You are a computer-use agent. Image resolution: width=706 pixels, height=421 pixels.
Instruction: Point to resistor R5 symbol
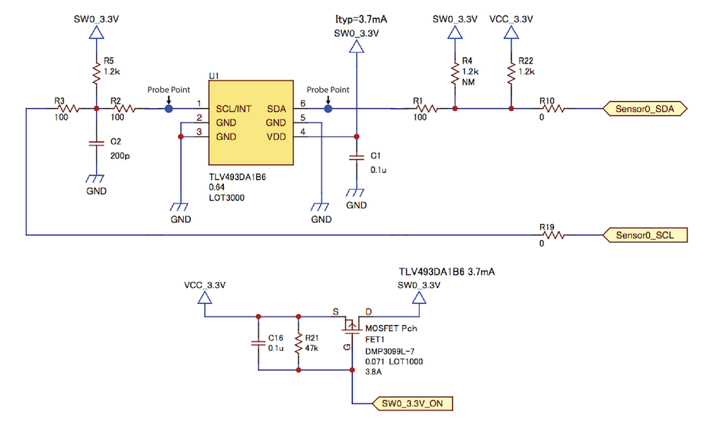coord(96,72)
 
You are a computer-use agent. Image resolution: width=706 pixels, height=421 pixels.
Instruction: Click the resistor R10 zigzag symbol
coord(551,109)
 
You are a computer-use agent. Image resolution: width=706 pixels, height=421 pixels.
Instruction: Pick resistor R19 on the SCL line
coord(551,235)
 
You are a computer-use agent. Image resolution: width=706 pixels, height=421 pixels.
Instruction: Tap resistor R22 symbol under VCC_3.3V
coord(510,71)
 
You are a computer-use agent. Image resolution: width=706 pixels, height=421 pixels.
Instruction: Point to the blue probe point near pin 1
coord(168,109)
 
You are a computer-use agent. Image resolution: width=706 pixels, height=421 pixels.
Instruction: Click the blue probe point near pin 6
coord(328,109)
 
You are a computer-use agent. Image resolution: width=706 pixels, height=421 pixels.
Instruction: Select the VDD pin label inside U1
coord(276,136)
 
